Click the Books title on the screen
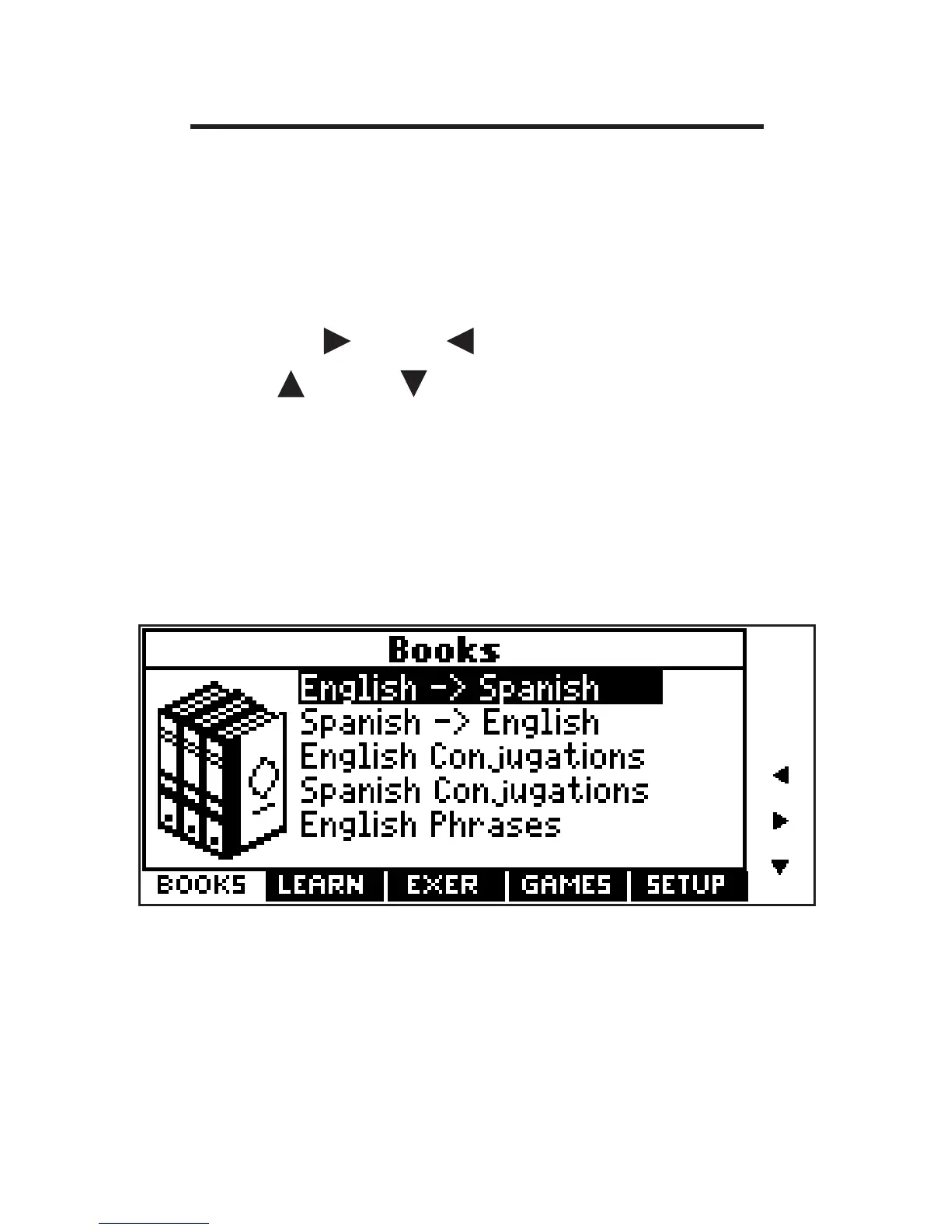(444, 649)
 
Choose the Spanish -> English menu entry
(450, 723)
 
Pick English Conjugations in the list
(472, 757)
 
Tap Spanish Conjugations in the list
(474, 791)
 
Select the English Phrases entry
(430, 825)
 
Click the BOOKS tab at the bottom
(202, 885)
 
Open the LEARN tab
(321, 885)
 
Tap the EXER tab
(443, 885)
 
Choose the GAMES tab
(566, 885)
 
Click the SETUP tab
(686, 885)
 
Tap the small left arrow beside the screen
(781, 775)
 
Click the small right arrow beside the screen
(781, 820)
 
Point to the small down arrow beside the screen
(780, 867)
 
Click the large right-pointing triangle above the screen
(336, 341)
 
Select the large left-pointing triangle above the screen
(461, 341)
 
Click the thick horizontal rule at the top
(477, 126)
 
